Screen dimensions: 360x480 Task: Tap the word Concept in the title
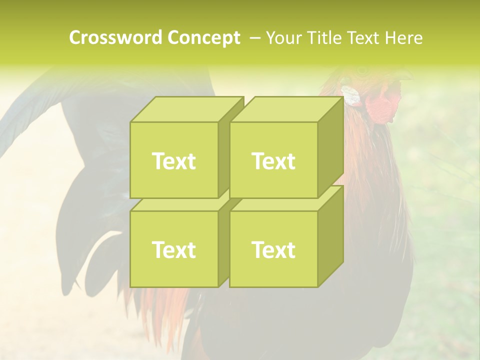tap(203, 38)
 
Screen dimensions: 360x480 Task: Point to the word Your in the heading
tap(284, 38)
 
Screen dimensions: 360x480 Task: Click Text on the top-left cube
tap(174, 161)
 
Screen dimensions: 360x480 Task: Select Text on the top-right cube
tap(273, 161)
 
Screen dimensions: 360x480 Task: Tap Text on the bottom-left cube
tap(174, 249)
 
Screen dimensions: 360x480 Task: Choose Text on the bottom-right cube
tap(273, 249)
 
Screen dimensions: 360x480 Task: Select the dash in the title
tap(254, 38)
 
